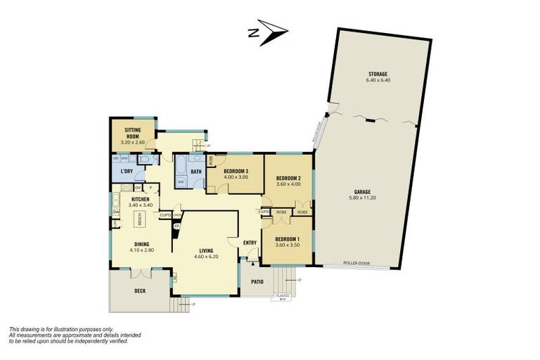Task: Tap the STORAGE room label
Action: click(x=378, y=74)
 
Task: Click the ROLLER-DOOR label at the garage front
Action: click(x=356, y=263)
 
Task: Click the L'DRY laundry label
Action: click(x=127, y=172)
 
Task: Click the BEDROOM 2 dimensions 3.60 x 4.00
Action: click(x=288, y=185)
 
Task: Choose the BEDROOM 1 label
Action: click(x=288, y=239)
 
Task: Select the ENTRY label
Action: click(x=250, y=243)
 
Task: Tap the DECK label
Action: click(x=139, y=290)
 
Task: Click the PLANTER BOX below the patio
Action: click(x=281, y=296)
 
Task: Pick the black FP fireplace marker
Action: click(x=176, y=226)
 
